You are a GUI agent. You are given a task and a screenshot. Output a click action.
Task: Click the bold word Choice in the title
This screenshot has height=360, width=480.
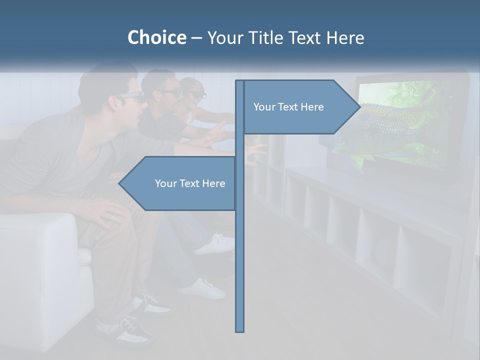pyautogui.click(x=156, y=37)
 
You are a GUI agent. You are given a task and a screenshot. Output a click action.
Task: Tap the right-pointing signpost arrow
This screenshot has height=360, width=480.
pyautogui.click(x=300, y=107)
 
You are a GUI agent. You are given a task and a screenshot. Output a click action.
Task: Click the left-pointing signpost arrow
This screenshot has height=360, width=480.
pyautogui.click(x=177, y=183)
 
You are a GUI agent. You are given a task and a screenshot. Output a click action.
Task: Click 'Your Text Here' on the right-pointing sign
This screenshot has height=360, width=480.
pyautogui.click(x=288, y=107)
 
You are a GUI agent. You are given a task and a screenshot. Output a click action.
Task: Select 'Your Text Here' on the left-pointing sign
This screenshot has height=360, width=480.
pyautogui.click(x=190, y=183)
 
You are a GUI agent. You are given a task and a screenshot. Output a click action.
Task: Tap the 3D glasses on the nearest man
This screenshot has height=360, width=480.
pyautogui.click(x=131, y=97)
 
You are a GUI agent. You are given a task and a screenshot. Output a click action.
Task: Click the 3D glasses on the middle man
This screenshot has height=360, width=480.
pyautogui.click(x=170, y=92)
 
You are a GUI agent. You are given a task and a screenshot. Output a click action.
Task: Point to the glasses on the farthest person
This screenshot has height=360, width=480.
pyautogui.click(x=198, y=94)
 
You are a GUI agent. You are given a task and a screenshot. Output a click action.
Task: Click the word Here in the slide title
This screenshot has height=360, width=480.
pyautogui.click(x=345, y=37)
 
